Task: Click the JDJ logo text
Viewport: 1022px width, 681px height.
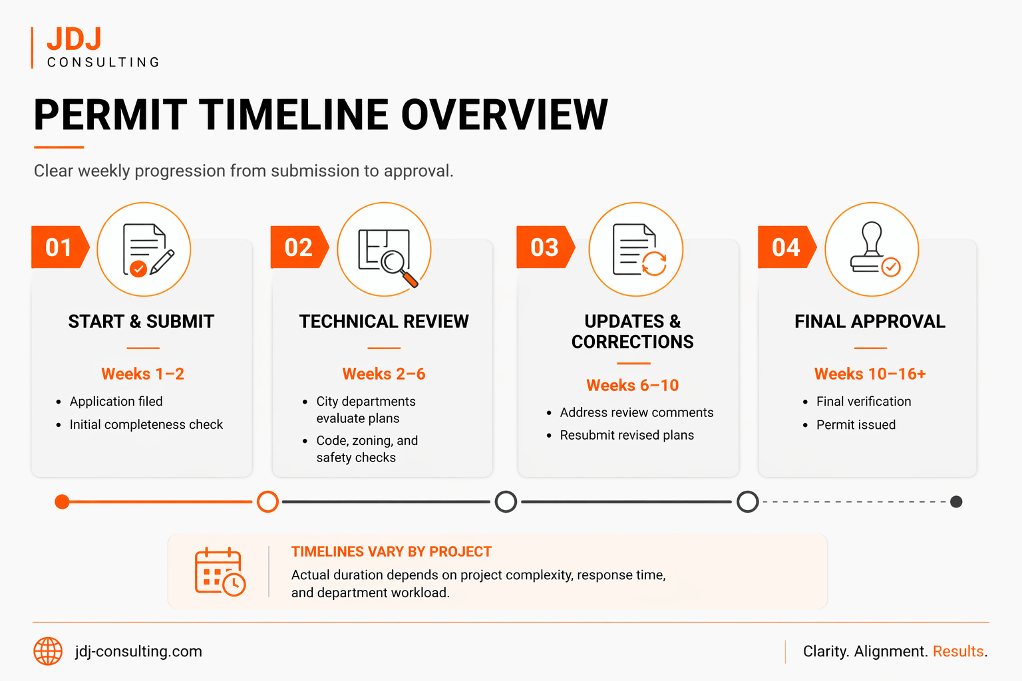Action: click(x=74, y=39)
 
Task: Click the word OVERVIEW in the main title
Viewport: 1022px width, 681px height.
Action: click(x=504, y=115)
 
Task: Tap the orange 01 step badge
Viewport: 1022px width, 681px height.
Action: click(x=59, y=247)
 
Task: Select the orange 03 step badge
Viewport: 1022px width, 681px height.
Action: click(x=544, y=247)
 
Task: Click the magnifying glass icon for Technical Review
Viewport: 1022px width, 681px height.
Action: click(x=398, y=265)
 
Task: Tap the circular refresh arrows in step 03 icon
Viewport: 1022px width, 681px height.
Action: click(x=654, y=263)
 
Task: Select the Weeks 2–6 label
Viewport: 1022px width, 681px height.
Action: click(x=383, y=374)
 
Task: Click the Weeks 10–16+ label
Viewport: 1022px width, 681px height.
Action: click(x=870, y=374)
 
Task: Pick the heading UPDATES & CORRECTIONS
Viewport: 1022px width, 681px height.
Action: click(x=632, y=331)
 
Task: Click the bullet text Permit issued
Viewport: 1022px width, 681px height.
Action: click(x=856, y=425)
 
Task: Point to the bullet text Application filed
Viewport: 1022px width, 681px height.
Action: click(x=116, y=402)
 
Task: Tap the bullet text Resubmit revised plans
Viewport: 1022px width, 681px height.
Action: click(x=627, y=436)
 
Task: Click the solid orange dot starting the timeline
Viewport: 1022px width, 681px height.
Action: click(x=62, y=502)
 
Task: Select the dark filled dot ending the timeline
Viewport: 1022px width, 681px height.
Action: click(x=956, y=502)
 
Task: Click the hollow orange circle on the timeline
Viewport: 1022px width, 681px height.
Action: click(x=267, y=502)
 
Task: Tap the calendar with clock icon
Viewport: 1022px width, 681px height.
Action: click(x=220, y=572)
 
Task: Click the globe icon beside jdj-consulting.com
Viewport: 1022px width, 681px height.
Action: click(x=48, y=651)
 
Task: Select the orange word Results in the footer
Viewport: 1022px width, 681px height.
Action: click(x=958, y=651)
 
